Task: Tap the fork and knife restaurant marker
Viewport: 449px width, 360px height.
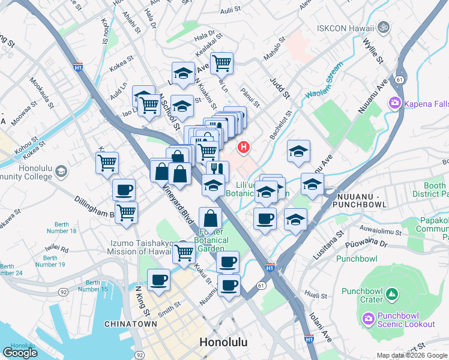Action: [217, 170]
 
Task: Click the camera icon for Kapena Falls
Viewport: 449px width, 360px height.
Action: [395, 103]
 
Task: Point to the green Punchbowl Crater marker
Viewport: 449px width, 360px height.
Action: [391, 295]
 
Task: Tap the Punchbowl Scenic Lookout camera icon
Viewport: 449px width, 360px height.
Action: [367, 318]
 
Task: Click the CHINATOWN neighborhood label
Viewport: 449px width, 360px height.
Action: [131, 324]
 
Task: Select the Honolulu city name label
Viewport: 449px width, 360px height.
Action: [223, 343]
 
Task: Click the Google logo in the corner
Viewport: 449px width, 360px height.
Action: [20, 352]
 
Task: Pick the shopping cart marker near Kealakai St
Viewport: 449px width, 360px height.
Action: [221, 62]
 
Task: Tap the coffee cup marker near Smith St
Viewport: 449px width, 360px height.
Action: [159, 280]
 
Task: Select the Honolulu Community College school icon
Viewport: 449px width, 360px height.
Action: [61, 173]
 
